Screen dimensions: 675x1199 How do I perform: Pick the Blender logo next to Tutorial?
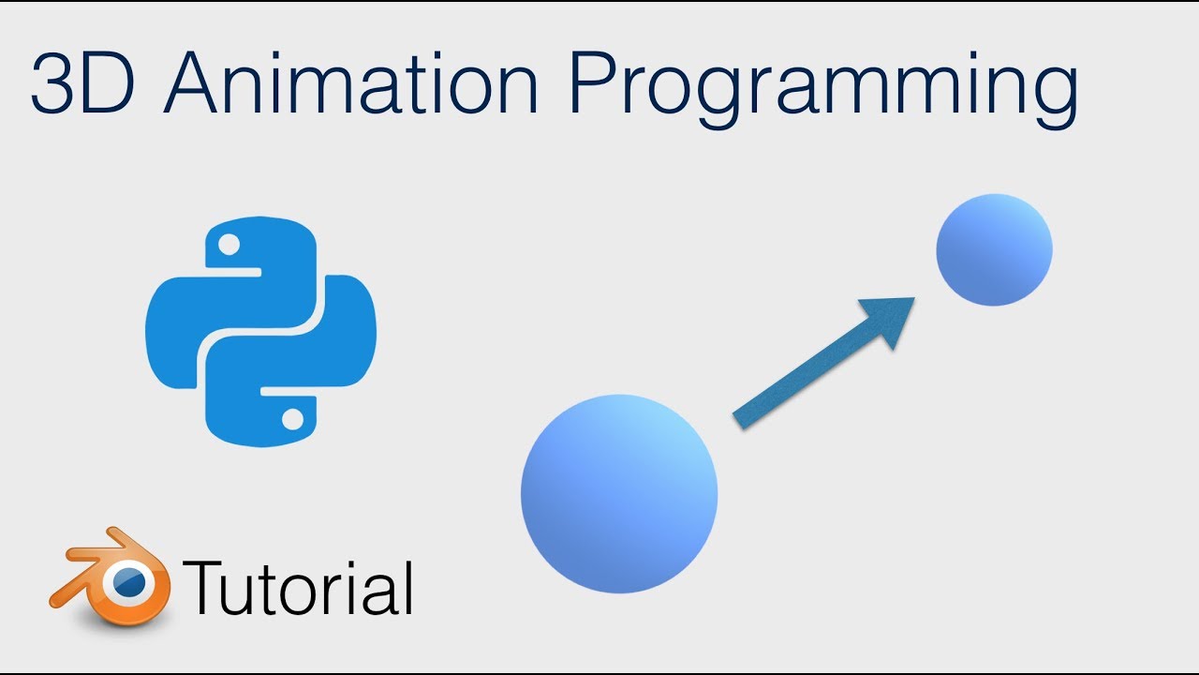pyautogui.click(x=111, y=578)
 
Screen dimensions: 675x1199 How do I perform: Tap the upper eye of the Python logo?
pyautogui.click(x=228, y=246)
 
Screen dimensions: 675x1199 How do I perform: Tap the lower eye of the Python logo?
pyautogui.click(x=293, y=418)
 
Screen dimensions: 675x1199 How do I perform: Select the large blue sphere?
pyautogui.click(x=619, y=493)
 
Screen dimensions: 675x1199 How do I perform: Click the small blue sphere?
pyautogui.click(x=994, y=249)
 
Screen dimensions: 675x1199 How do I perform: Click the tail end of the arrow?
pyautogui.click(x=739, y=421)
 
